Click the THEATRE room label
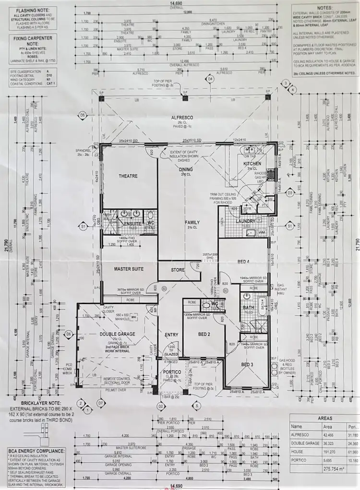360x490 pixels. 128,176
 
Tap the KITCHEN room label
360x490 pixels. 252,164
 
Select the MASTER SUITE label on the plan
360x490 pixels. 129,270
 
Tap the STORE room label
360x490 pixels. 178,270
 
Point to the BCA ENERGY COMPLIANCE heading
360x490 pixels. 36,451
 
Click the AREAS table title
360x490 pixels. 325,418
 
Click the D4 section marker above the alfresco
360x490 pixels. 210,78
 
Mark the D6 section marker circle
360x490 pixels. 69,334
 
